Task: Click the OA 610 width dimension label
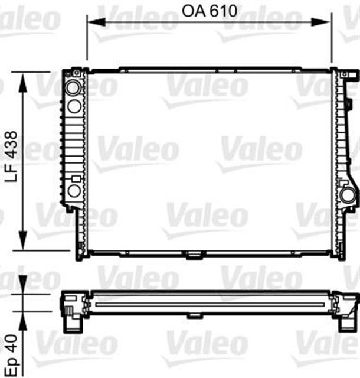pyautogui.click(x=210, y=11)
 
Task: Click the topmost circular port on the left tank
pyautogui.click(x=74, y=88)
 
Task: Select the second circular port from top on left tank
pyautogui.click(x=74, y=106)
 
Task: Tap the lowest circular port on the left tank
pyautogui.click(x=74, y=191)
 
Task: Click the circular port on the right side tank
pyautogui.click(x=346, y=195)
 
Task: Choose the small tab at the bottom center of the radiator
pyautogui.click(x=193, y=256)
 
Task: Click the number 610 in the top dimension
pyautogui.click(x=224, y=11)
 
